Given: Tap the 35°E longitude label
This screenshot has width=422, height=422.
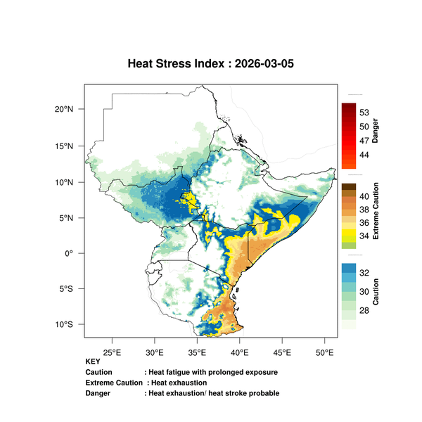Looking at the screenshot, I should [197, 352].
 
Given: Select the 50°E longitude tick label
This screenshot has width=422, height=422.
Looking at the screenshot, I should [324, 352].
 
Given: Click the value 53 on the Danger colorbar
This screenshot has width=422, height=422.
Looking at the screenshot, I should [364, 113].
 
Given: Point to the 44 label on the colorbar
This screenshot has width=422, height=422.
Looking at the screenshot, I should [364, 155].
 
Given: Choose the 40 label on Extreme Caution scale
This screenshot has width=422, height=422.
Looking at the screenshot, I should [364, 196].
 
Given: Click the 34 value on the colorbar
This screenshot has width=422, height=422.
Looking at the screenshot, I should [364, 236].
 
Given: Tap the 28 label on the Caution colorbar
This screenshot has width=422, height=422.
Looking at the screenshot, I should [364, 311].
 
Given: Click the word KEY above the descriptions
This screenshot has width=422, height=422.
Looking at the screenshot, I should [93, 362].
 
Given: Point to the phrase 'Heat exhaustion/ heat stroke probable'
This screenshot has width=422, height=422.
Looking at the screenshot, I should [212, 392].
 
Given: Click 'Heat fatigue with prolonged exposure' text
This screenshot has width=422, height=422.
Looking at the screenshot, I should [211, 372].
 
